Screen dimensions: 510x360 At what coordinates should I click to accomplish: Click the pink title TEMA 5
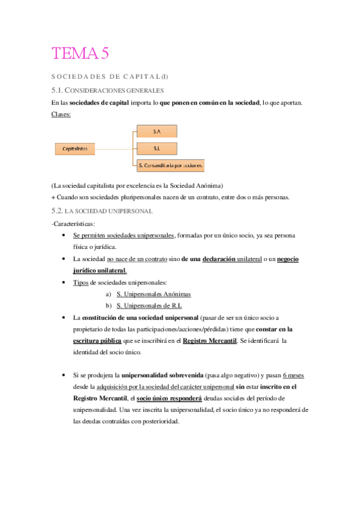coord(81,54)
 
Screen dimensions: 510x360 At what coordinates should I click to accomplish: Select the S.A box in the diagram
coord(156,131)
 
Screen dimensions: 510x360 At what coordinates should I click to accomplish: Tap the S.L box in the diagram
coord(156,147)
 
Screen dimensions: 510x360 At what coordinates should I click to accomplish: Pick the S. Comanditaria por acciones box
coord(170,164)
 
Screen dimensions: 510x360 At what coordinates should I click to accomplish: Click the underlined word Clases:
coord(61,114)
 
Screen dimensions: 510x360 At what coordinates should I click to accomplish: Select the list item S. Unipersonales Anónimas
coord(153,294)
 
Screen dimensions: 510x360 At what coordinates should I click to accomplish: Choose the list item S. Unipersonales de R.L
coord(148,306)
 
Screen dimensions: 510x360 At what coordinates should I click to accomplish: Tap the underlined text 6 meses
coord(293,375)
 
